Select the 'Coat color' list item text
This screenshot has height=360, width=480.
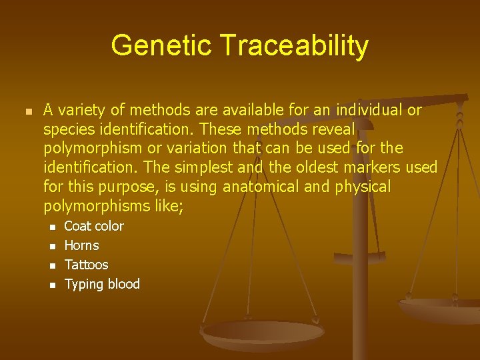[93, 227]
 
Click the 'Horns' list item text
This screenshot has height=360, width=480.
[81, 246]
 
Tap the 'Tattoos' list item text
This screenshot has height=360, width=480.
[86, 265]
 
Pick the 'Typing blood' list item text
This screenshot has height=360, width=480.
[102, 285]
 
